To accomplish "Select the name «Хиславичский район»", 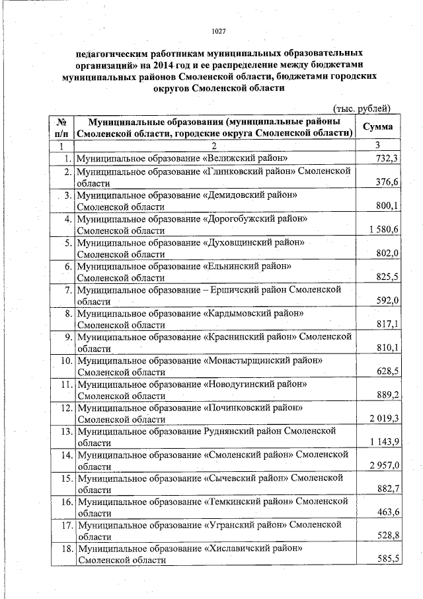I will click(x=254, y=549).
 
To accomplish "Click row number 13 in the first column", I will click(x=65, y=431).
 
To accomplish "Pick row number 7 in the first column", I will click(x=67, y=289).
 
